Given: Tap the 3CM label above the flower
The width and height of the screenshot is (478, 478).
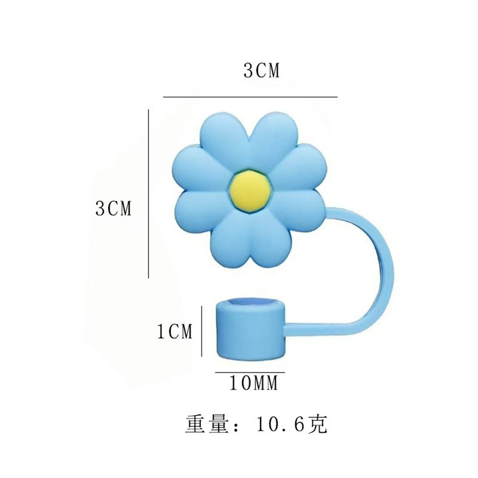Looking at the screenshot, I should click(261, 71).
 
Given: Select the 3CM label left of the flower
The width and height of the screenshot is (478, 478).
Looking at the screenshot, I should click(113, 208).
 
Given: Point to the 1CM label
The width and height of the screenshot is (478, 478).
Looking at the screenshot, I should click(174, 331).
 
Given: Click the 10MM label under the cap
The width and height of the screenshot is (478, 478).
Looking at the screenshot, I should click(254, 384).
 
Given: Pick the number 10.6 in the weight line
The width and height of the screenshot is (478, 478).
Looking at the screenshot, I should click(280, 425).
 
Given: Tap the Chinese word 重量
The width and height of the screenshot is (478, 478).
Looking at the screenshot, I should click(206, 425).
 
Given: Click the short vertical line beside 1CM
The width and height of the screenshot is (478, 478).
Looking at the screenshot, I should click(202, 330).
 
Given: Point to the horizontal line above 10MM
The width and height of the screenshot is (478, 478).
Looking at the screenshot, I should click(250, 372).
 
